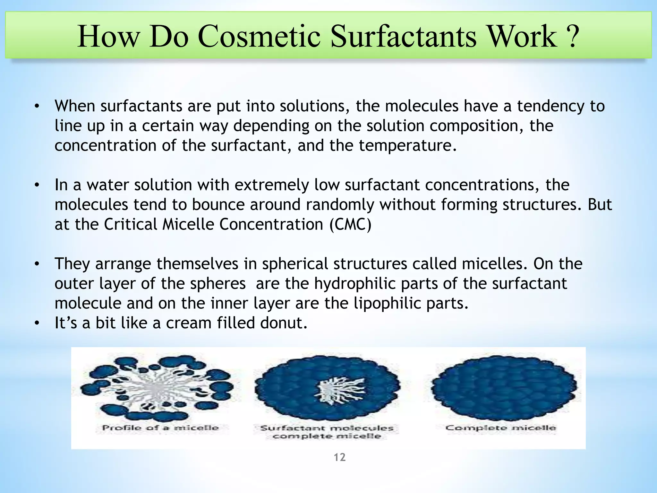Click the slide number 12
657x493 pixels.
point(339,457)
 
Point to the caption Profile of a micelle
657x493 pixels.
point(160,428)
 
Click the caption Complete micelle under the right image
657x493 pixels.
point(500,428)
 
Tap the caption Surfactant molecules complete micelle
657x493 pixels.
point(327,432)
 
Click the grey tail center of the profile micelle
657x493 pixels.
point(157,389)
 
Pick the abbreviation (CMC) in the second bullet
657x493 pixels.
point(350,224)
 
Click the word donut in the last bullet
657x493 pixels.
point(283,323)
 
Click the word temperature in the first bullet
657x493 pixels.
point(407,146)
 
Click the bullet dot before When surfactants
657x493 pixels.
point(37,107)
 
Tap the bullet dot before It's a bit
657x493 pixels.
point(37,323)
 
